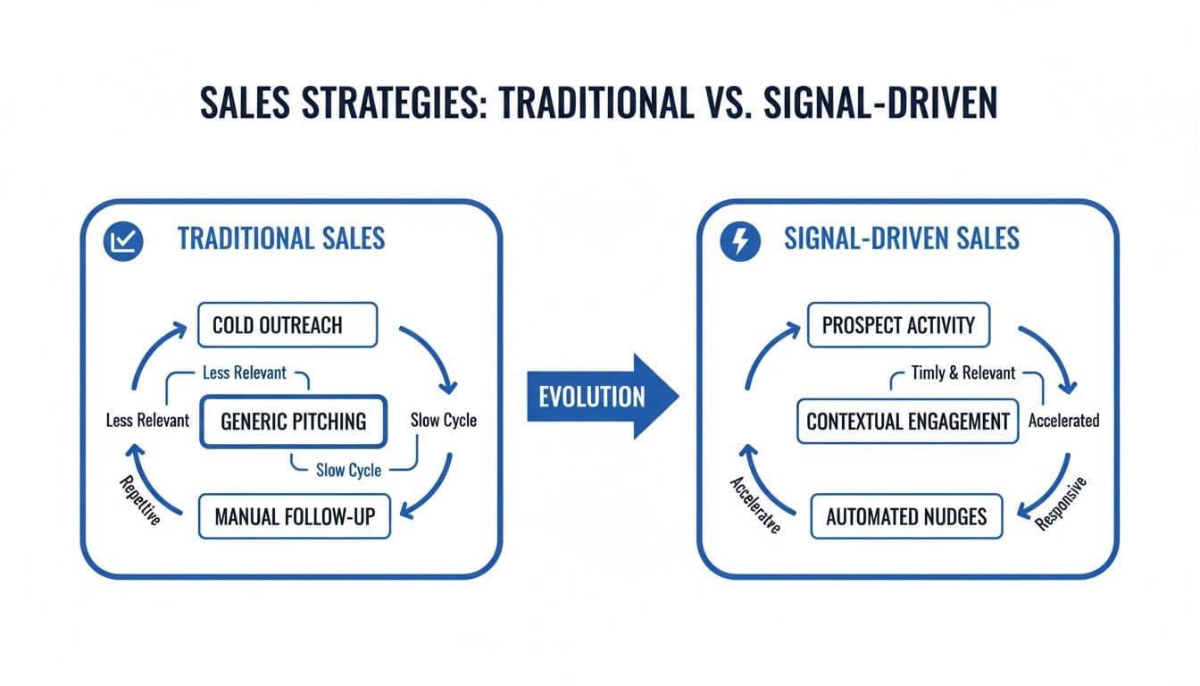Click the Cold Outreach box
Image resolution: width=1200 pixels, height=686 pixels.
(x=288, y=324)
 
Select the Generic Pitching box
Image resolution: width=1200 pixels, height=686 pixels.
(x=293, y=421)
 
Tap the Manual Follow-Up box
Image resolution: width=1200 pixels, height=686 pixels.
(x=294, y=515)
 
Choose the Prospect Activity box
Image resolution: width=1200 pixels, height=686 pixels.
(x=898, y=324)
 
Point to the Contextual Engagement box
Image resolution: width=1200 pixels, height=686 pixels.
(x=908, y=421)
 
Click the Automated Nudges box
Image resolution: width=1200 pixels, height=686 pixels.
(x=906, y=517)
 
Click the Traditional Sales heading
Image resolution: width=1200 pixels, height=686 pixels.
(x=281, y=238)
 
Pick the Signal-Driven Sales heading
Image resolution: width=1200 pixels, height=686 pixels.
(x=902, y=238)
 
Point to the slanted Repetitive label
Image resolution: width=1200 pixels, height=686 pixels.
(x=139, y=500)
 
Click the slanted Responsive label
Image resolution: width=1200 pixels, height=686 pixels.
(x=1062, y=505)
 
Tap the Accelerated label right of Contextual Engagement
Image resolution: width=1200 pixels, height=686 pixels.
(x=1063, y=421)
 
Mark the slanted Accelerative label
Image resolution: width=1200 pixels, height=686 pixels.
(x=754, y=506)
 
